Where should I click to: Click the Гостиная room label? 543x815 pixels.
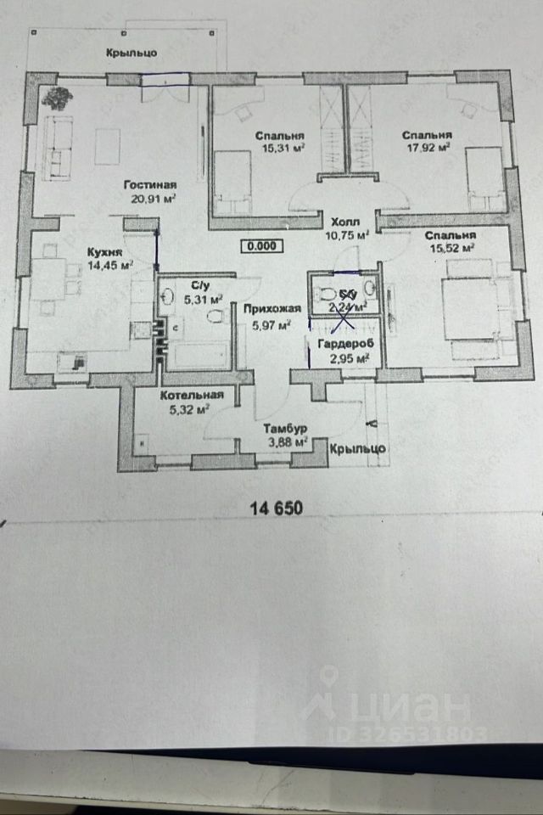point(149,186)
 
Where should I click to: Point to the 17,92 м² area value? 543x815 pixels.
point(426,147)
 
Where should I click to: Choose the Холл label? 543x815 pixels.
point(347,220)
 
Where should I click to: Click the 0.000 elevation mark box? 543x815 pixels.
point(260,246)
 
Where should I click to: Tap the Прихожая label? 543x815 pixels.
point(266,310)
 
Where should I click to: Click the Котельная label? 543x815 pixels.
point(192,395)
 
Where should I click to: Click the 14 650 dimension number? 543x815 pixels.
point(277,508)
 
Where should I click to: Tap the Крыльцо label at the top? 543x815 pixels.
point(132,53)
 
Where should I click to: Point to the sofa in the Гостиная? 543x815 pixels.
point(58,144)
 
